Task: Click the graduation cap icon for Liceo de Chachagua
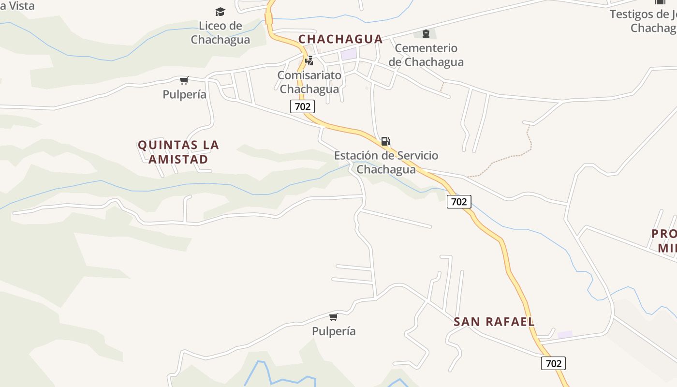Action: (220, 12)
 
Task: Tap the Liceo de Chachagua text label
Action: (220, 32)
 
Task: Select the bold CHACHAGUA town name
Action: (340, 39)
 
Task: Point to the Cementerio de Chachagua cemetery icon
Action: (426, 34)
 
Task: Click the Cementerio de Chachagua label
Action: (426, 55)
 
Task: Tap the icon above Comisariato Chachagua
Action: (309, 61)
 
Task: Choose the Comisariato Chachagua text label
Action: (309, 82)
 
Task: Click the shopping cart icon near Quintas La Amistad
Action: (184, 80)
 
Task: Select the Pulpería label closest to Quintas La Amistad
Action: (184, 94)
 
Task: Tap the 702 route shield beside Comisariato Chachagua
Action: (302, 106)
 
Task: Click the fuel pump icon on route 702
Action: (385, 141)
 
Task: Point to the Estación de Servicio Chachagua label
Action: (386, 163)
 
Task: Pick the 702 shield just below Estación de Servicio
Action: (458, 202)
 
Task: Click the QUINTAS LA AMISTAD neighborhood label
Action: (178, 152)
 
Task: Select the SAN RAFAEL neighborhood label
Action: (494, 322)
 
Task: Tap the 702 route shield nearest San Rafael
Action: (553, 363)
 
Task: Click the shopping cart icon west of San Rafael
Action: (333, 317)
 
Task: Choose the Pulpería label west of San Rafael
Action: (334, 331)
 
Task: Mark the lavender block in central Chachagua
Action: (349, 54)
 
